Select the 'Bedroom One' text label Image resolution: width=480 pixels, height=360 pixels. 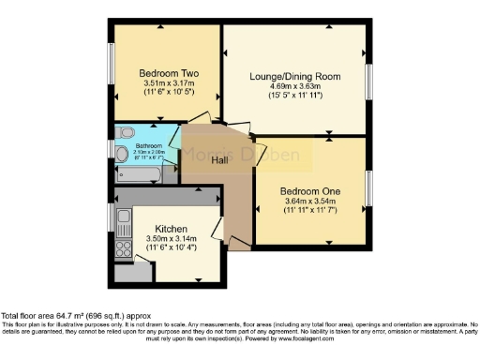click(x=310, y=191)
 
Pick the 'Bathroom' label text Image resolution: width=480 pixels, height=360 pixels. click(x=148, y=145)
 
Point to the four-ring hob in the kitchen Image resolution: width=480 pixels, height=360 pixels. click(x=122, y=248)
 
